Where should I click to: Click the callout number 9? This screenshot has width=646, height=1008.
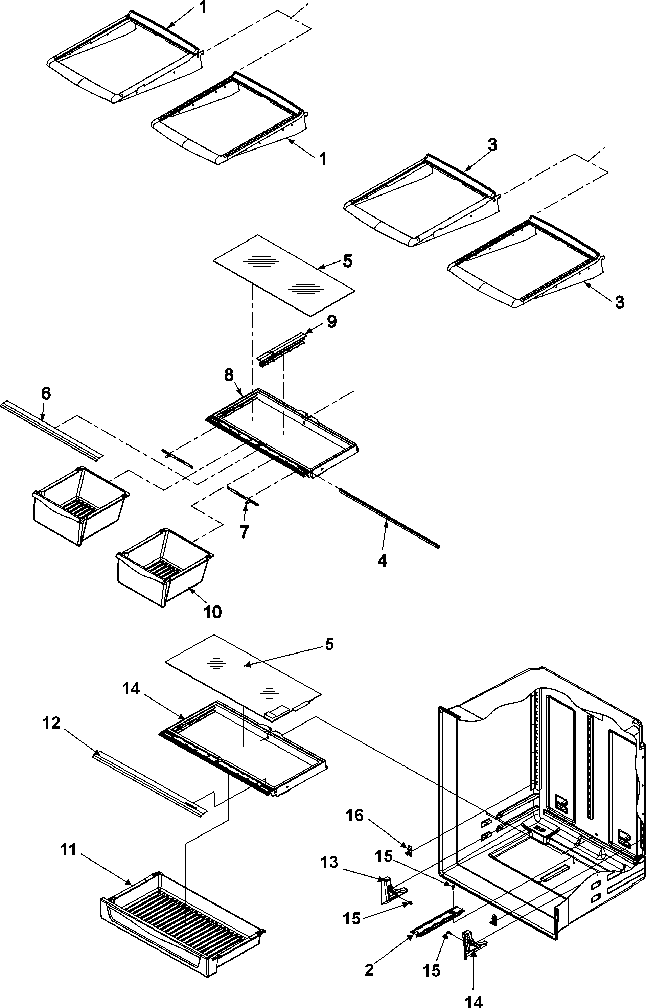[x=331, y=322]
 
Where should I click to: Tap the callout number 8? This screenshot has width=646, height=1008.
[x=229, y=375]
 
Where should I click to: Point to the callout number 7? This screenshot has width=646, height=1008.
[x=244, y=531]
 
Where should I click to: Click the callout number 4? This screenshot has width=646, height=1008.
[x=382, y=561]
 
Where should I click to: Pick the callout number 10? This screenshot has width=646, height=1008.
[x=212, y=612]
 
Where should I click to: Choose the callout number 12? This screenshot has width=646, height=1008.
[x=52, y=723]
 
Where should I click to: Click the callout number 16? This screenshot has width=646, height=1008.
[x=354, y=815]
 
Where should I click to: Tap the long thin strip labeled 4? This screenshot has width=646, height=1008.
[x=390, y=518]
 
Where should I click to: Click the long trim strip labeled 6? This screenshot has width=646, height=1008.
[x=50, y=428]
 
